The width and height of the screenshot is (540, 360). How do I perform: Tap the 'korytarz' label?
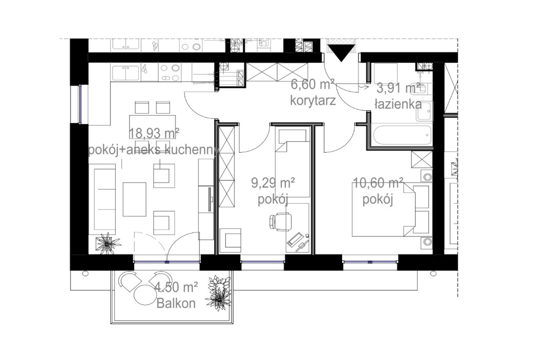(313, 100)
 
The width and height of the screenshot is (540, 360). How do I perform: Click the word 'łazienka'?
(398, 104)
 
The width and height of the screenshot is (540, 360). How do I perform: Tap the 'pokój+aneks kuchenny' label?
(154, 150)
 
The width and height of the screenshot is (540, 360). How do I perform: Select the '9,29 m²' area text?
(273, 183)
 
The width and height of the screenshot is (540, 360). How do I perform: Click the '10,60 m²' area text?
(378, 184)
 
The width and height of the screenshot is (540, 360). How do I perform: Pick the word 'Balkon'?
(177, 303)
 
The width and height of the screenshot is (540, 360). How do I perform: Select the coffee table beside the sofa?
(135, 199)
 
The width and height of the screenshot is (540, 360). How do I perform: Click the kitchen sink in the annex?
(124, 72)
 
